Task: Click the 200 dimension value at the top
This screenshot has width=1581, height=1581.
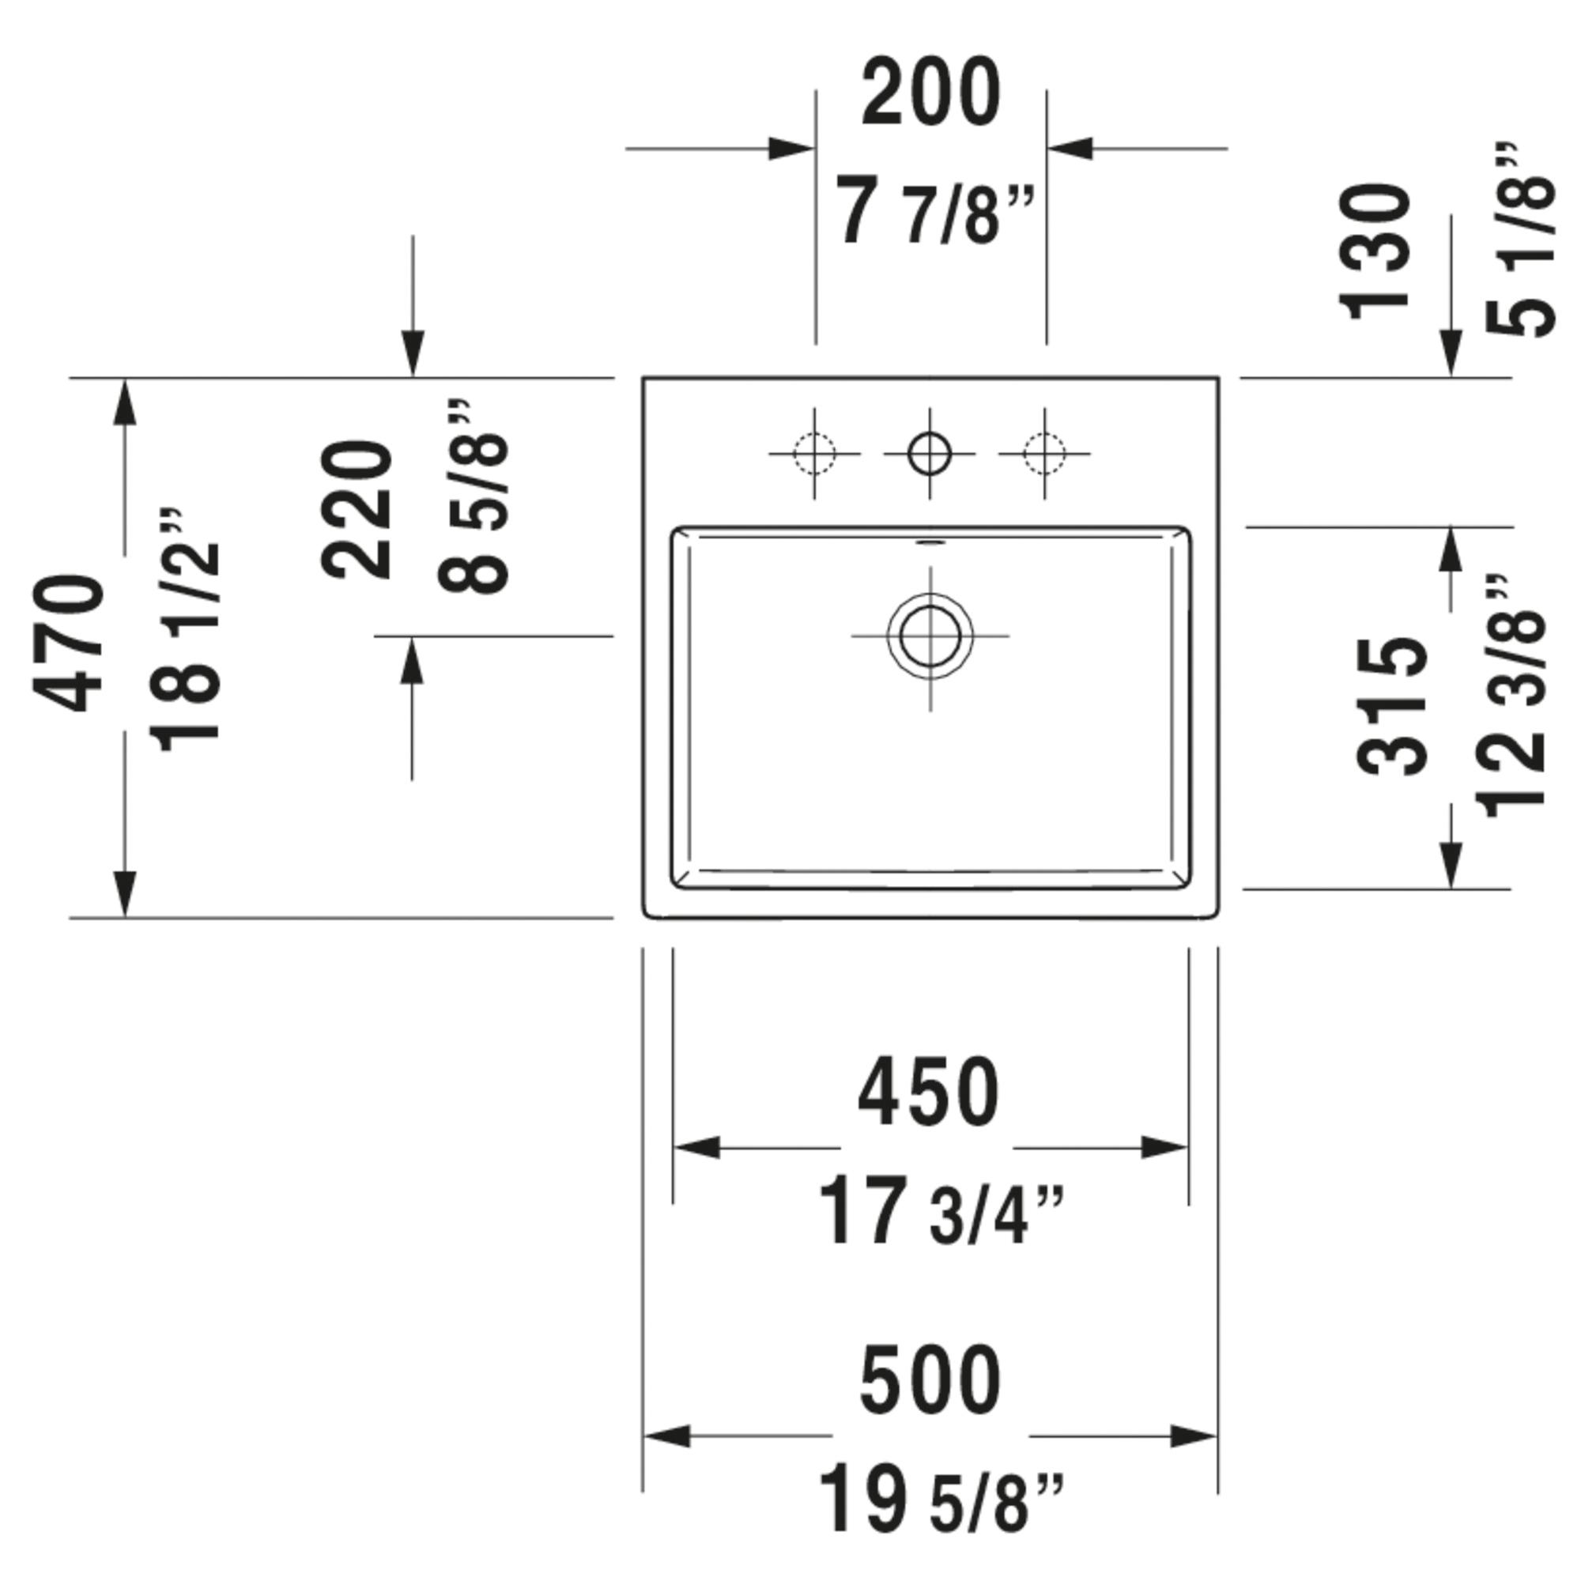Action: point(930,92)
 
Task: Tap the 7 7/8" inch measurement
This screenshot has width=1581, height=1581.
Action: point(935,214)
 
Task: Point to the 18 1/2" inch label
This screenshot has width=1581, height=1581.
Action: point(186,630)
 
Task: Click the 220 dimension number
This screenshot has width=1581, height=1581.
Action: point(357,510)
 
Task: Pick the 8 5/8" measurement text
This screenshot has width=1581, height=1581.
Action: point(473,496)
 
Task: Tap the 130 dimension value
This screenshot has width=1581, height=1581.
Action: point(1375,251)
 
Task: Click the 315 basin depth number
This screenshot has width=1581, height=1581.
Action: point(1392,707)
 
